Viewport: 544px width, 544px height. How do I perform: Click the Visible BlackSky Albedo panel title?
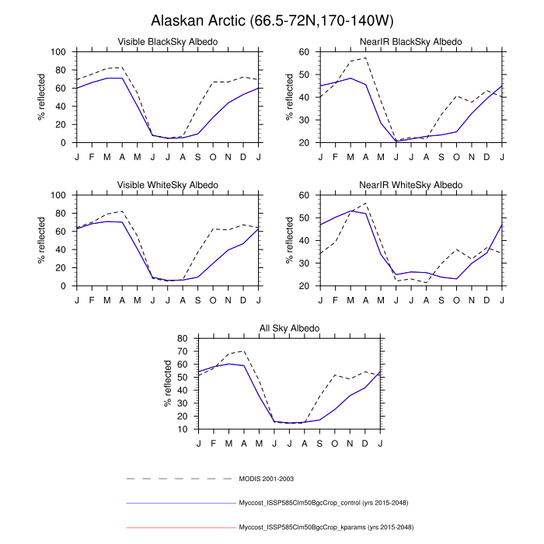pos(167,41)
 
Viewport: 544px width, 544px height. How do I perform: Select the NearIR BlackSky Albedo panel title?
pos(411,41)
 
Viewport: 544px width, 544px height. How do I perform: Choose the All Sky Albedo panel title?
pos(289,329)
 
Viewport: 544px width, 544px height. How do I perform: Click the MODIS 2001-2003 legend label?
pos(266,479)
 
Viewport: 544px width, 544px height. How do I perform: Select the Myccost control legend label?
pos(326,503)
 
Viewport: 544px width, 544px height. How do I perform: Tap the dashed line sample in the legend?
pos(180,479)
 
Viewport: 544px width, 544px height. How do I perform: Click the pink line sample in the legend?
pos(180,527)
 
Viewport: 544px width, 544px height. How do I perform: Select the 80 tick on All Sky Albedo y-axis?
pos(182,338)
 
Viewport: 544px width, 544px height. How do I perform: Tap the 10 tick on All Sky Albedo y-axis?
pos(182,429)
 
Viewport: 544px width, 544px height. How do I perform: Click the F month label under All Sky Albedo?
pos(214,442)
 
